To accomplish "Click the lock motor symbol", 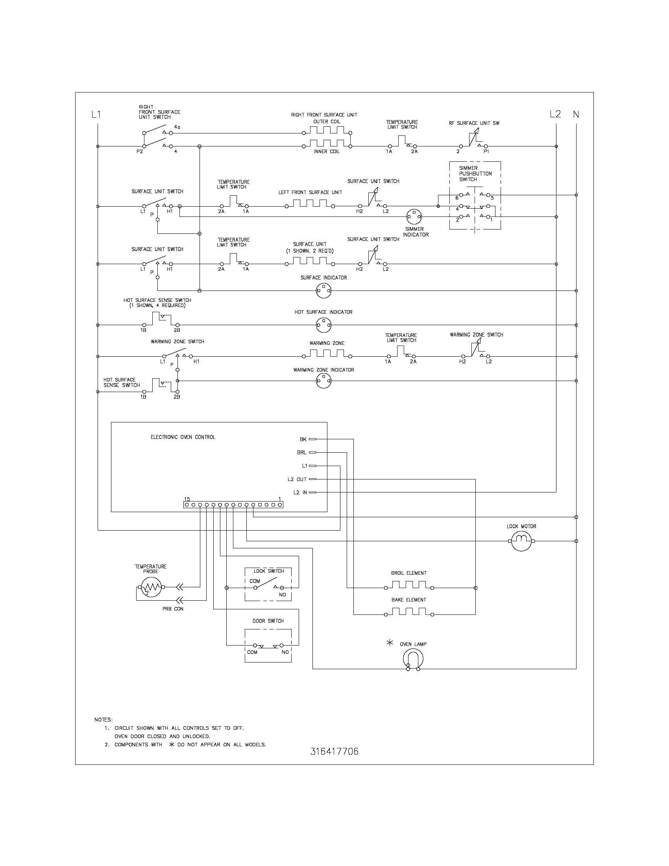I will point(521,541).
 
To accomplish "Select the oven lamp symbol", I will point(413,659).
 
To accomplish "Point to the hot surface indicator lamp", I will point(323,325).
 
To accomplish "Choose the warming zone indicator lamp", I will point(323,381).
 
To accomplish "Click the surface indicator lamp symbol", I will point(323,291).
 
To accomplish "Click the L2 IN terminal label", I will point(300,492).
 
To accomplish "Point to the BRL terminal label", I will point(301,452).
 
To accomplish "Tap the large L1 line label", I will point(96,115).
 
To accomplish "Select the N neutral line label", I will point(576,115).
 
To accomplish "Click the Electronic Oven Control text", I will point(183,437).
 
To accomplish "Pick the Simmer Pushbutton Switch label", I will point(475,174).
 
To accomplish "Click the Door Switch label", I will point(268,621).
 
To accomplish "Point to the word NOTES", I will point(103,720).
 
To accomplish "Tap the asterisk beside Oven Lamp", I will point(390,643).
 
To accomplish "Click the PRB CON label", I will point(173,609).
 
